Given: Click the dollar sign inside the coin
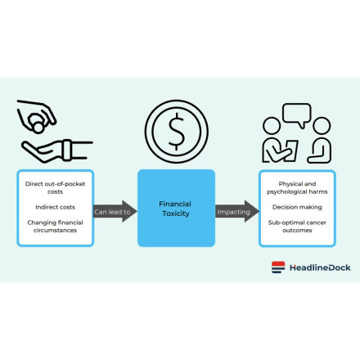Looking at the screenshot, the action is (x=177, y=132).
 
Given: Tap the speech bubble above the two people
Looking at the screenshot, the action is (x=297, y=114).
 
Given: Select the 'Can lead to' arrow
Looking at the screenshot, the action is (x=115, y=211).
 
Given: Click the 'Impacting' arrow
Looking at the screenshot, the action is (x=237, y=211).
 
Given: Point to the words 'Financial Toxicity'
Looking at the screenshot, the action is (x=175, y=209).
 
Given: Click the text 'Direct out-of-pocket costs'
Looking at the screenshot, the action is (x=55, y=187).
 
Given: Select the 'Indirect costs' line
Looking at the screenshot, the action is (x=55, y=207).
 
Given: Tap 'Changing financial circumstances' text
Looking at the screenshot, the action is (x=55, y=227).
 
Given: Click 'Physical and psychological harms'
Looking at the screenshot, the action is (x=297, y=187).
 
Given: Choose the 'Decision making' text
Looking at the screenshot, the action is (x=297, y=207).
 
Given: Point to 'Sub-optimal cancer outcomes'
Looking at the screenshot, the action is (x=297, y=227).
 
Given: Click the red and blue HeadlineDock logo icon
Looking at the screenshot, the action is (x=278, y=268).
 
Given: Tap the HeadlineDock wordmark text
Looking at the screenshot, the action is (x=320, y=268).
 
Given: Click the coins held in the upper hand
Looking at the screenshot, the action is (x=37, y=123).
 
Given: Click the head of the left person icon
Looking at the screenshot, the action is (x=272, y=126).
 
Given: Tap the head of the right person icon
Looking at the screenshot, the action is (x=322, y=126).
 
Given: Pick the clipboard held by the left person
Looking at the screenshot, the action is (x=290, y=151).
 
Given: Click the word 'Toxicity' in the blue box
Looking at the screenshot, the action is (x=176, y=214).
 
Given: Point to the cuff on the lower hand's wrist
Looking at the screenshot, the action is (x=67, y=150).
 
